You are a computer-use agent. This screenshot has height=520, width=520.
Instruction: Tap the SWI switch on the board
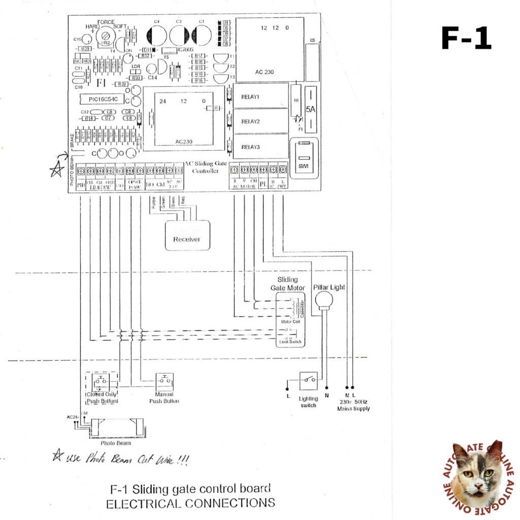[x=303, y=158]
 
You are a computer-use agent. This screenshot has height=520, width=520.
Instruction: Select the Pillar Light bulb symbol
[x=322, y=301]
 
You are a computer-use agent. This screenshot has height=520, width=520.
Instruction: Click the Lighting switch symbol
[x=310, y=379]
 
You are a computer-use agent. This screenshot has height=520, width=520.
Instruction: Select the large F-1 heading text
[x=466, y=38]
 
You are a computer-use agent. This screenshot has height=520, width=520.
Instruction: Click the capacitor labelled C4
[x=157, y=36]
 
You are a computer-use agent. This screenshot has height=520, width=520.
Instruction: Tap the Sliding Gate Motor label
[x=287, y=284]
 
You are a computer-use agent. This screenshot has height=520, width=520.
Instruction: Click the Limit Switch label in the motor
[x=289, y=342]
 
